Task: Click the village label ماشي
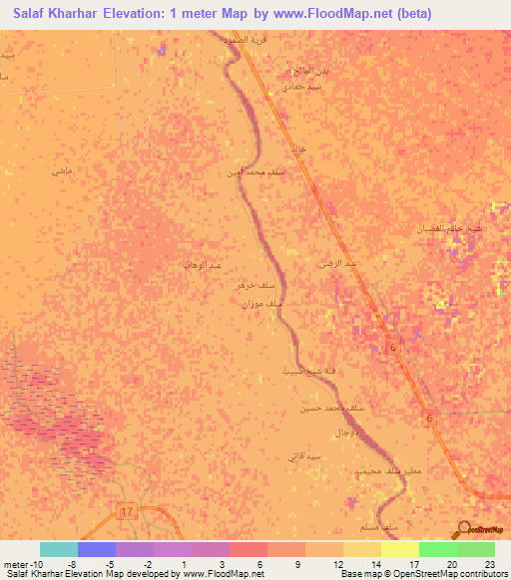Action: [62, 171]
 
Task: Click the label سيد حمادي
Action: [301, 87]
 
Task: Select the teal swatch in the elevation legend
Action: [59, 549]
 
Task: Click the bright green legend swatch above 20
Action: [438, 549]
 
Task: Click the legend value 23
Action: [489, 564]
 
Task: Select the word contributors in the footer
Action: [482, 575]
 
